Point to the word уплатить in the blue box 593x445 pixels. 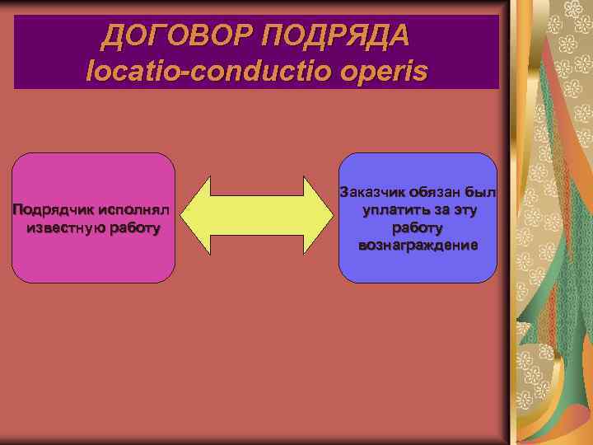[390, 210]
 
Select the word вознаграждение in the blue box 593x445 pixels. [418, 246]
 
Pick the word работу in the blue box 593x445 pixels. [418, 227]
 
